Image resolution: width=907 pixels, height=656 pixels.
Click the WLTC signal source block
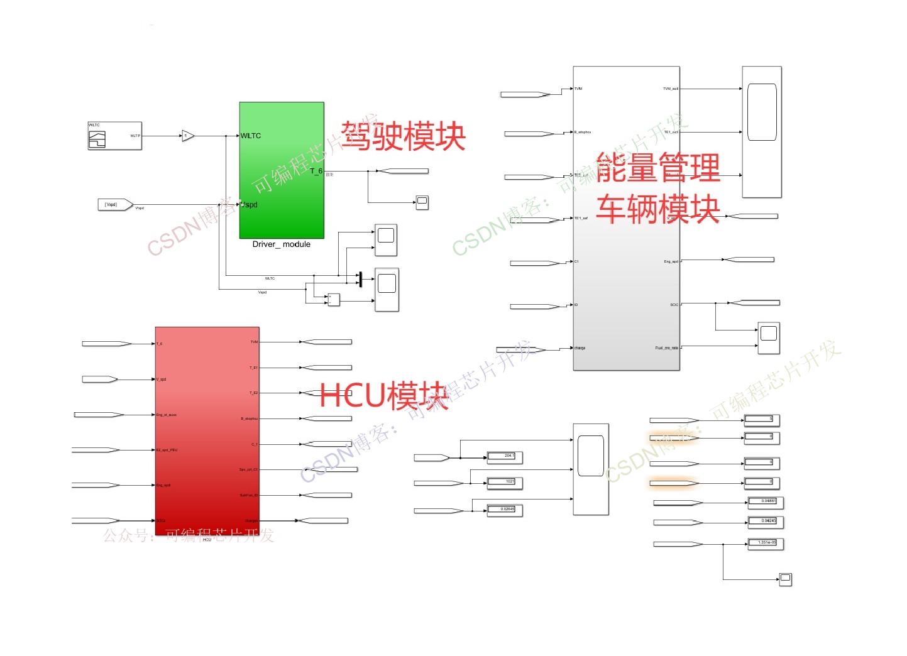114,136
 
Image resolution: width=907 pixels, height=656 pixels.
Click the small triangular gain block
187,136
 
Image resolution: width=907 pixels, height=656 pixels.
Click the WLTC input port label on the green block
251,136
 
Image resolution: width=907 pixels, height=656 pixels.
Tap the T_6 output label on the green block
316,171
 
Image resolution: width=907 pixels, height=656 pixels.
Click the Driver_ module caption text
281,244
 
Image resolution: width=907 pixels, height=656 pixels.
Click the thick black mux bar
360,279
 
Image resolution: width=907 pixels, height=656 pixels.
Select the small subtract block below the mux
333,300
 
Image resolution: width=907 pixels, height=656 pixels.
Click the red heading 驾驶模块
403,136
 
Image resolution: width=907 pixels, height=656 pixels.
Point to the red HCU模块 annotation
383,395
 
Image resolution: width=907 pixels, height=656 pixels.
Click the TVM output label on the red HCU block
254,342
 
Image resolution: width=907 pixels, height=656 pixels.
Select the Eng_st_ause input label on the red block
167,415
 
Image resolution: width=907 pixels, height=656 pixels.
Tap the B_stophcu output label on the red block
249,418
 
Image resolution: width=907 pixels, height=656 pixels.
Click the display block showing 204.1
504,457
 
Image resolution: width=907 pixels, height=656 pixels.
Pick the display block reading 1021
504,483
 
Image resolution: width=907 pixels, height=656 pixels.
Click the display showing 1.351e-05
765,544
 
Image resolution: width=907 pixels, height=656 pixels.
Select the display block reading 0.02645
504,510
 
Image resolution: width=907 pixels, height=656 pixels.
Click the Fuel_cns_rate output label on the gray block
667,347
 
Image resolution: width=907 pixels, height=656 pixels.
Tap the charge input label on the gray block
580,348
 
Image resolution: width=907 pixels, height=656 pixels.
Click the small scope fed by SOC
768,337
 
